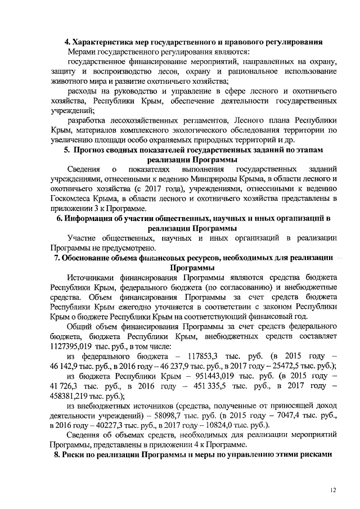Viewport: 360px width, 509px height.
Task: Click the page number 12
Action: (333, 492)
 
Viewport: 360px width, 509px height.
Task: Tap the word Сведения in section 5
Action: (83, 169)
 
